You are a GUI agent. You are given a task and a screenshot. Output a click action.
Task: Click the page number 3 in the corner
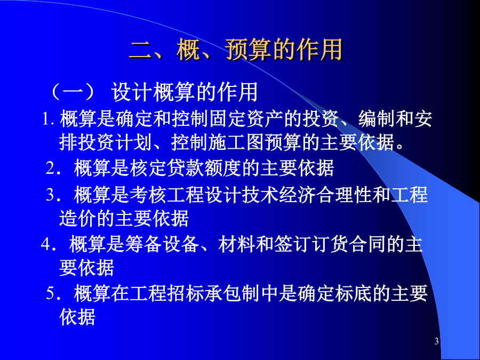[x=436, y=341]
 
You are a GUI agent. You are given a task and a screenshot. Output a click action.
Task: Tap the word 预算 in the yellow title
[x=249, y=50]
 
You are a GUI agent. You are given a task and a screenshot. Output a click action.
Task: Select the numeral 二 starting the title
[x=140, y=50]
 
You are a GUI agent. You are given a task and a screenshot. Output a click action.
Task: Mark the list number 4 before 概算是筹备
[x=46, y=244]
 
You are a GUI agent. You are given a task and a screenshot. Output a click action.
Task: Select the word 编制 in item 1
[x=377, y=118]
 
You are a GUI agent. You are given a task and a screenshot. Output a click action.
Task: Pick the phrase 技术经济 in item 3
[x=279, y=195]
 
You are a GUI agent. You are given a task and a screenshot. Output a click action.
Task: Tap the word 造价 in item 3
[x=78, y=219]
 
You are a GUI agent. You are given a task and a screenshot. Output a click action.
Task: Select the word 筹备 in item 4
[x=143, y=244]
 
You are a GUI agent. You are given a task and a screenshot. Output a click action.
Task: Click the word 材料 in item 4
[x=237, y=244]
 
